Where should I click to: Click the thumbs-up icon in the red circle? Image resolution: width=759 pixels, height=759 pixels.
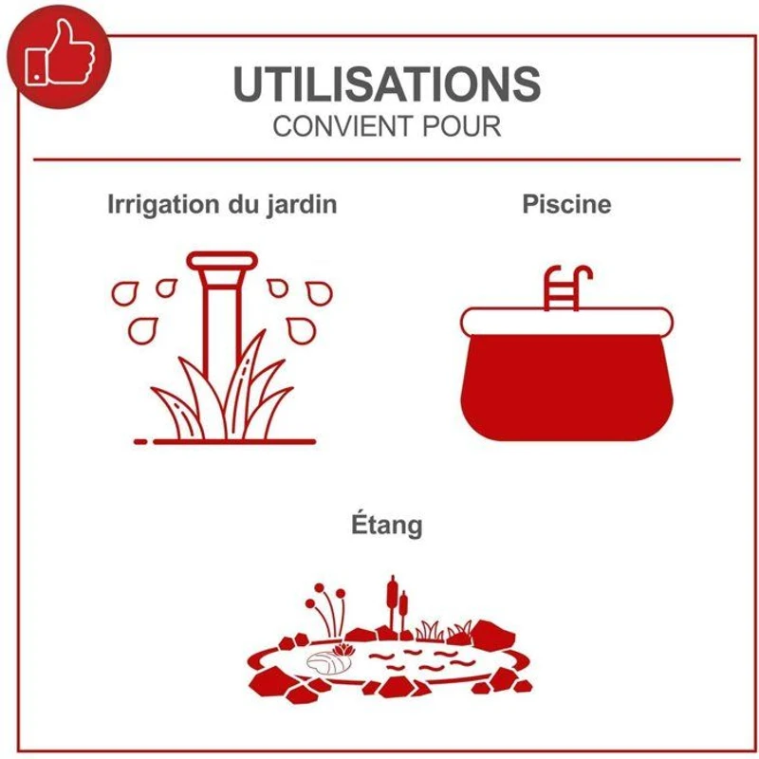click(x=60, y=54)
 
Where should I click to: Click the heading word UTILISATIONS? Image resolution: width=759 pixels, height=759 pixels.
click(x=387, y=83)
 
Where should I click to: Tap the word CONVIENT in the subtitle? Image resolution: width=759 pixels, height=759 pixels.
click(x=342, y=126)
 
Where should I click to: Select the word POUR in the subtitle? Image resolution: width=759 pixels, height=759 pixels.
click(x=461, y=126)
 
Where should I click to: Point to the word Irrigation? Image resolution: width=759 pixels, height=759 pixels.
click(x=163, y=205)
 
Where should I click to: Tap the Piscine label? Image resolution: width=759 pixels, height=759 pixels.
click(x=566, y=204)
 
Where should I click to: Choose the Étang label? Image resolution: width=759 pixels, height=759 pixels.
click(x=387, y=526)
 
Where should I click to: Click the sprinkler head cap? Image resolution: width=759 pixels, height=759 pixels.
click(x=222, y=260)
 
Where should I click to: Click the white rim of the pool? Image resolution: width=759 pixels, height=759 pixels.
click(x=566, y=322)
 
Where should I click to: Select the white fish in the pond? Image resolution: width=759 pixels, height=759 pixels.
click(x=328, y=662)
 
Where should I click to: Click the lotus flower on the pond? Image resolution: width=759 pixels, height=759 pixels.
click(x=343, y=650)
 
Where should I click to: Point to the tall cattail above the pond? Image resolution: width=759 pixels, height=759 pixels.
click(x=393, y=605)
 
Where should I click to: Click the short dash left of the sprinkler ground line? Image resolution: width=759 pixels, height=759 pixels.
click(x=140, y=441)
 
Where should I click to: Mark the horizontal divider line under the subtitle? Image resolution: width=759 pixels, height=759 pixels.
click(x=387, y=159)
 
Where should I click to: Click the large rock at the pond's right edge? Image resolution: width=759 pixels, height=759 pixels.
click(x=493, y=633)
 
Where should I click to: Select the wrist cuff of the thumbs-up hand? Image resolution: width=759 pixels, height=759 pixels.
click(x=37, y=66)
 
